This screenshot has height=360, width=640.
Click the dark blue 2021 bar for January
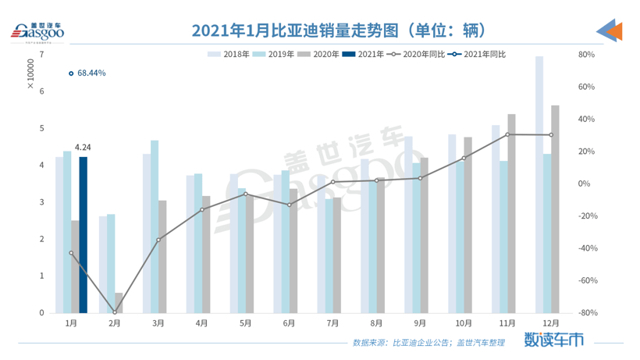point(83,234)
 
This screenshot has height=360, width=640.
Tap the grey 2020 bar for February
point(119,303)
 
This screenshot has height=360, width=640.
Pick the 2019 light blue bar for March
point(155,226)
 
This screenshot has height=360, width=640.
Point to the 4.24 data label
point(83,147)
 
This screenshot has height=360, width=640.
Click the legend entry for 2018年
point(228,54)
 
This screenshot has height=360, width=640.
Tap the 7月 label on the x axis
point(332,323)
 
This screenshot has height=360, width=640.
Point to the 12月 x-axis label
point(551,323)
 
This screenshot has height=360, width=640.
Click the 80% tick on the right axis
point(586,55)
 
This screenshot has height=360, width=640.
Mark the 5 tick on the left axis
point(41,128)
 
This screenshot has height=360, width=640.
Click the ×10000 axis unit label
point(31,74)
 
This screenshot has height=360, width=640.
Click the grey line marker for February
point(115,312)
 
